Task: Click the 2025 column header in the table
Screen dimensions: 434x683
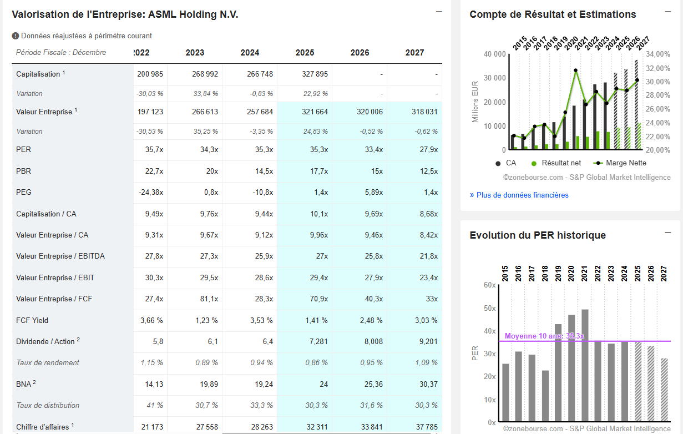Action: point(305,53)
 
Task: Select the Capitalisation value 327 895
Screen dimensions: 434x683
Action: point(315,74)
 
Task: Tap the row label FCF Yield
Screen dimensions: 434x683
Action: point(32,320)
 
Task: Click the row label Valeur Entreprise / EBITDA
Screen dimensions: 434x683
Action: point(60,256)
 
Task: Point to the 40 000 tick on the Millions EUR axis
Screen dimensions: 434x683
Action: point(494,54)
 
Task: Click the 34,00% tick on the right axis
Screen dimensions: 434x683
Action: point(658,54)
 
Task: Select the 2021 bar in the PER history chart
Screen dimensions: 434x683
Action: point(585,366)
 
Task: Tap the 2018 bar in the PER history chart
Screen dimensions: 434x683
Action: point(545,396)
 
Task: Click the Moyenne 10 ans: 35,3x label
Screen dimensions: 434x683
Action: point(544,336)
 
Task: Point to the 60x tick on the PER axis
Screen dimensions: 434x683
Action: point(489,285)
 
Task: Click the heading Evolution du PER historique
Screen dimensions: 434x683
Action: point(538,235)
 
